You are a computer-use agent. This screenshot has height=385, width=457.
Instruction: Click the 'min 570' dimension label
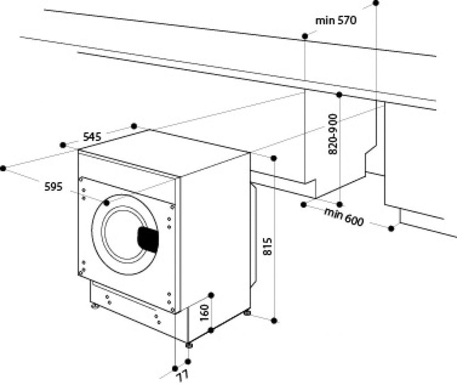click(x=336, y=21)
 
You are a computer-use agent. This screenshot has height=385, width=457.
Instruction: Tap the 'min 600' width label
click(x=344, y=216)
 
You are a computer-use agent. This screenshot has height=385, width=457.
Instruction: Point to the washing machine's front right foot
click(x=189, y=345)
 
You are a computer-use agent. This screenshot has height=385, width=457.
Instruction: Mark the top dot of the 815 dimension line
click(x=274, y=158)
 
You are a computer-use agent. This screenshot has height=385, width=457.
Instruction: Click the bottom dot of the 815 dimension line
click(x=274, y=320)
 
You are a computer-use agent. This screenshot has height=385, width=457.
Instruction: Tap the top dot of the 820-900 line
click(x=338, y=95)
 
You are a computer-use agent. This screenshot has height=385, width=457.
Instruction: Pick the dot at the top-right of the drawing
click(x=376, y=3)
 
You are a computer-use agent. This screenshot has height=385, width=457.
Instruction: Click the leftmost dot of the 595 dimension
click(x=4, y=168)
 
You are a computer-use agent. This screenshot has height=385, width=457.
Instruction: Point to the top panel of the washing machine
click(x=165, y=149)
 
